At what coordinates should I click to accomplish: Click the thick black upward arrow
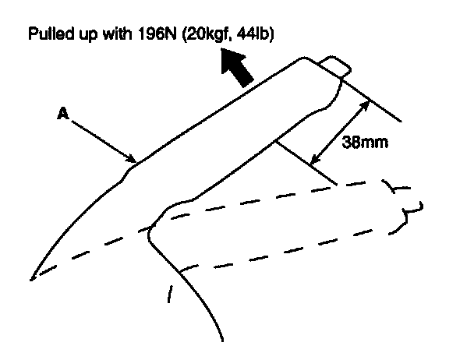click(x=238, y=67)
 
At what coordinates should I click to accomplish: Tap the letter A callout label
click(x=62, y=114)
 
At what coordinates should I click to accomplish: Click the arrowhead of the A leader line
click(x=133, y=159)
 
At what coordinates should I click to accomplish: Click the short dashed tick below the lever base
click(x=170, y=295)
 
